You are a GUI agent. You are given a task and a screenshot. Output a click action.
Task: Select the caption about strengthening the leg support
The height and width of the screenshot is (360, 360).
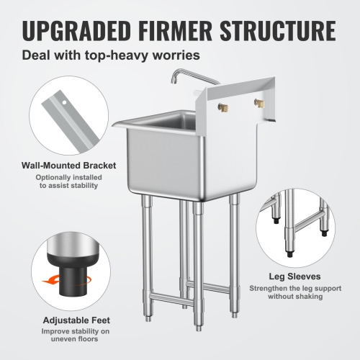(301, 292)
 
